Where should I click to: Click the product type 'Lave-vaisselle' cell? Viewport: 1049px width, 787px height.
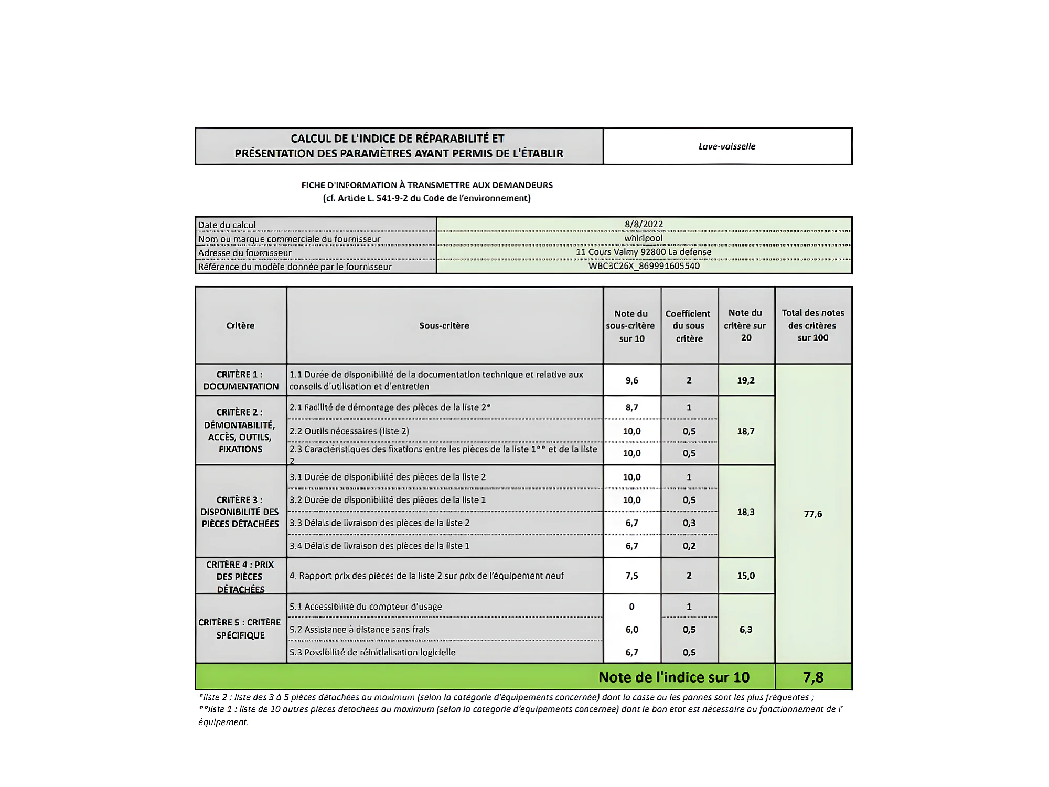tap(727, 146)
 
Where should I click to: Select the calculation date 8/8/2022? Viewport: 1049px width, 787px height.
tap(644, 224)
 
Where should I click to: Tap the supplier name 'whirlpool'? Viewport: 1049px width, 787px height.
tap(644, 238)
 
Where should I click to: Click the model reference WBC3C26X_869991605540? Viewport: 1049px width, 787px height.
tap(644, 266)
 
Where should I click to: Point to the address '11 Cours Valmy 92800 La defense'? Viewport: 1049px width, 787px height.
tap(644, 252)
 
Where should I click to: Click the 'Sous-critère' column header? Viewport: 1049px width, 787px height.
tap(444, 326)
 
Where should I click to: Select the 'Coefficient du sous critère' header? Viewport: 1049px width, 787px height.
tap(689, 326)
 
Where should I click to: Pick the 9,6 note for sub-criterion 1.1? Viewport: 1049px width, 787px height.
tap(631, 380)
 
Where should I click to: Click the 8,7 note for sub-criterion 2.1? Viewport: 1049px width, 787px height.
tap(631, 408)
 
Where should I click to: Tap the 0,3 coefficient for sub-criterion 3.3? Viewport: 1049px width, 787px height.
tap(689, 523)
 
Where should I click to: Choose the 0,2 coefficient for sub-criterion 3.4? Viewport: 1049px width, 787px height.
tap(689, 546)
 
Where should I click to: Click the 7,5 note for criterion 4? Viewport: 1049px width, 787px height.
tap(631, 576)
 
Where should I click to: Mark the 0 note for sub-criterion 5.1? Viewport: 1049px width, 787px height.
tap(631, 607)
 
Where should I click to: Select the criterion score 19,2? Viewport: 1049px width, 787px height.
tap(746, 380)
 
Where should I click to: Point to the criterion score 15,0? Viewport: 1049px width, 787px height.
tap(746, 576)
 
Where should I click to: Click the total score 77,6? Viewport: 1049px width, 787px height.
tap(813, 514)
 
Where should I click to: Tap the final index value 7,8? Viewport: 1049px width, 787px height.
tap(813, 677)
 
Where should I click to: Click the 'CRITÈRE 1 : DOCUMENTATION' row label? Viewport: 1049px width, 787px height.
tap(241, 380)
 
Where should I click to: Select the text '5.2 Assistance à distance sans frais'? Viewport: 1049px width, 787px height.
tap(359, 630)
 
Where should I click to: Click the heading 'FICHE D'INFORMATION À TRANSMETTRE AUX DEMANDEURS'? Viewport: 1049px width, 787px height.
tap(427, 185)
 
